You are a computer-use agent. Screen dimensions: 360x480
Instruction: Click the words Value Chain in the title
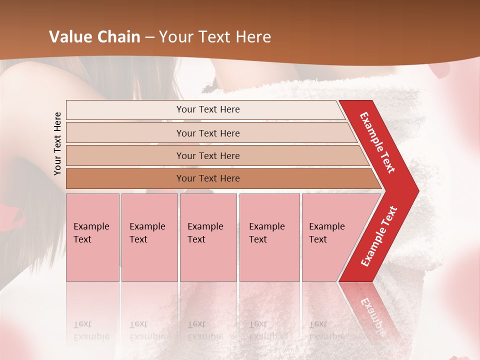(94, 37)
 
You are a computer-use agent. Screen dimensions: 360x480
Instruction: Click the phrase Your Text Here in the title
(214, 37)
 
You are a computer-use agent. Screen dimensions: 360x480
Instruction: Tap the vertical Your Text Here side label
(57, 143)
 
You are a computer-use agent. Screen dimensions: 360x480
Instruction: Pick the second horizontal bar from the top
(207, 133)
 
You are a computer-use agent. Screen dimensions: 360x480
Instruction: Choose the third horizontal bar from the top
(207, 155)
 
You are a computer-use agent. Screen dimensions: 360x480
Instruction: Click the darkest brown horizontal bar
(207, 178)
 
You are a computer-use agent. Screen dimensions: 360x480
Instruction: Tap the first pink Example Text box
(92, 237)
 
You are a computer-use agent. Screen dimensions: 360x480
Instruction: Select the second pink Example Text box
(149, 237)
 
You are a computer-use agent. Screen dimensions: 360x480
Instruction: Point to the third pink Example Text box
(208, 237)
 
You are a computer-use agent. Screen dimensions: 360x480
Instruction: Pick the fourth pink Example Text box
(269, 237)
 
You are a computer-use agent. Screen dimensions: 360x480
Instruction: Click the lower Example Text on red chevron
(379, 236)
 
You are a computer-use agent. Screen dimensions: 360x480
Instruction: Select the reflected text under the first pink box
(91, 330)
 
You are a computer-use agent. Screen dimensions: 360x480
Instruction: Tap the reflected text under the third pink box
(205, 330)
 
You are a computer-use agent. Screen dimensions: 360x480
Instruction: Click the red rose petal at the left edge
(15, 217)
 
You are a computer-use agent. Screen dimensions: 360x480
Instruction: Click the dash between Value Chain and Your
(149, 37)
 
